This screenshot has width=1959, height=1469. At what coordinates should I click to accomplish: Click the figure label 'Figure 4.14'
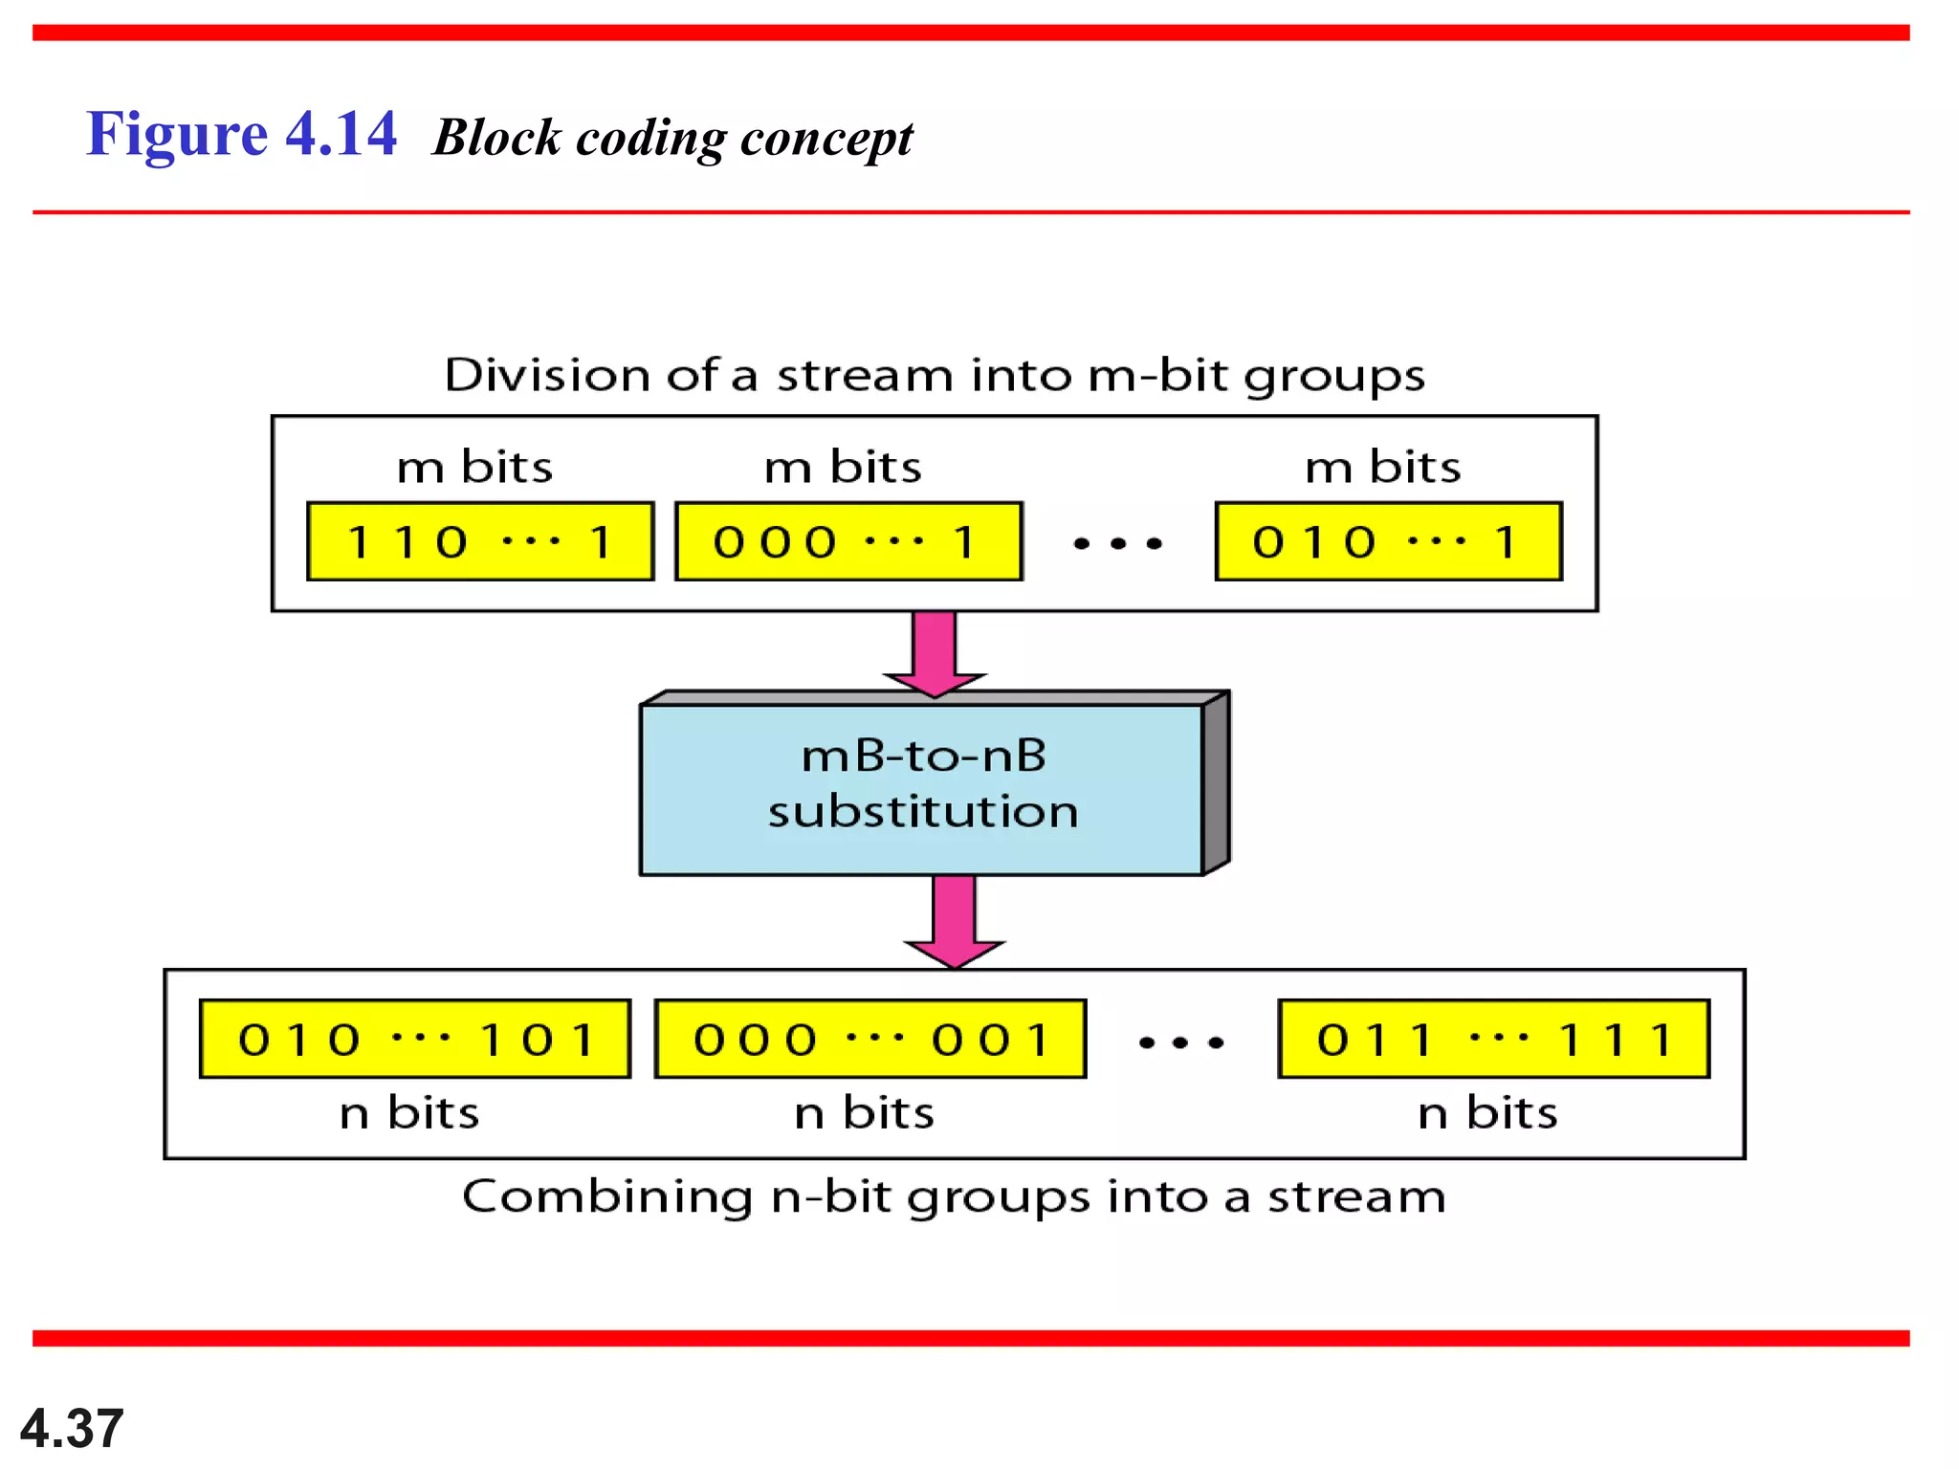click(x=241, y=134)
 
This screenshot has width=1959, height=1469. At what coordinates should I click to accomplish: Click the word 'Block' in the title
click(x=496, y=138)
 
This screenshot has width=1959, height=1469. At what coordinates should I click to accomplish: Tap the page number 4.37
click(x=72, y=1428)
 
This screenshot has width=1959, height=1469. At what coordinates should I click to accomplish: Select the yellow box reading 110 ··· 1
click(x=480, y=541)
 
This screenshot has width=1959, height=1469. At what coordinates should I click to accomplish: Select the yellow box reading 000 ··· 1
click(x=848, y=541)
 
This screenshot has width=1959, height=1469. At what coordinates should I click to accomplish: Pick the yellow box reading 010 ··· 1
click(x=1388, y=541)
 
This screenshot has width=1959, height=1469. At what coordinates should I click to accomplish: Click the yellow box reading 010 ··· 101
click(x=415, y=1039)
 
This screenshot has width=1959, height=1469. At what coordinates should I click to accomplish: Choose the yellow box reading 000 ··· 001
click(x=870, y=1039)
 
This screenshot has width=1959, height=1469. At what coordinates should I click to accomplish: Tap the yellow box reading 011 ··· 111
click(x=1493, y=1039)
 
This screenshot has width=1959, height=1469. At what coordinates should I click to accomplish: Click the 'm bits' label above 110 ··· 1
click(x=475, y=468)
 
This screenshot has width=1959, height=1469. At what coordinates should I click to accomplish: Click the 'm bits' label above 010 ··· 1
click(x=1383, y=468)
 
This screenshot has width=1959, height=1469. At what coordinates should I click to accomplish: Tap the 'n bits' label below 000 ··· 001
click(x=864, y=1113)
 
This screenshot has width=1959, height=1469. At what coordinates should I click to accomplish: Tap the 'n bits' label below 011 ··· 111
click(x=1487, y=1113)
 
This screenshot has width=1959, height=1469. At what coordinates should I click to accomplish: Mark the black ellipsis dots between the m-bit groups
click(x=1117, y=543)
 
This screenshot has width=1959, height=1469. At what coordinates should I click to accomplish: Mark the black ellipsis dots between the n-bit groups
click(x=1181, y=1042)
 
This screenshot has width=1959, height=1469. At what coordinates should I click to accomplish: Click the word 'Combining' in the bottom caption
click(x=606, y=1196)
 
